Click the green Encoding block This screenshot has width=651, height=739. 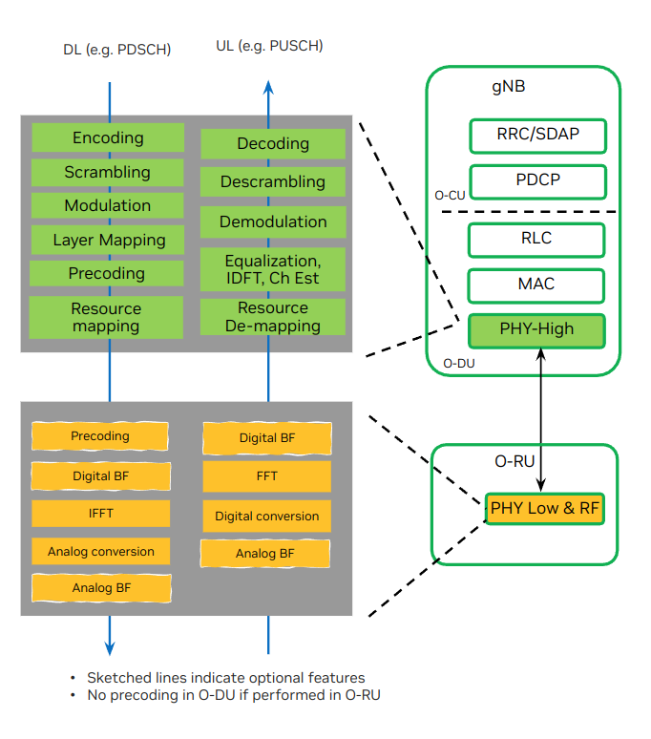pyautogui.click(x=108, y=137)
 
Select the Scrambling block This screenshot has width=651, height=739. pyautogui.click(x=108, y=172)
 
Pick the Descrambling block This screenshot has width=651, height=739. pyautogui.click(x=273, y=181)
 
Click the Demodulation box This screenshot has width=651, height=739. pyautogui.click(x=273, y=222)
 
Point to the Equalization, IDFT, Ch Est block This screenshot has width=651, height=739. pyautogui.click(x=273, y=269)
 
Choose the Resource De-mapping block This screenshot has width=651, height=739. pyautogui.click(x=273, y=317)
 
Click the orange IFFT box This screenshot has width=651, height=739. pyautogui.click(x=101, y=513)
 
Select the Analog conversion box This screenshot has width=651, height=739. pyautogui.click(x=101, y=551)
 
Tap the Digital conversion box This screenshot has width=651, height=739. pyautogui.click(x=267, y=516)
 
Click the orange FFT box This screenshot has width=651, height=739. pyautogui.click(x=267, y=476)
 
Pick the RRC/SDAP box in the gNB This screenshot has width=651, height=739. pyautogui.click(x=537, y=135)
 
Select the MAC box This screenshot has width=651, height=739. pyautogui.click(x=537, y=285)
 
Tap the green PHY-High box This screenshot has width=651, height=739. pyautogui.click(x=536, y=329)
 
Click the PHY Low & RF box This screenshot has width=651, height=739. pyautogui.click(x=545, y=508)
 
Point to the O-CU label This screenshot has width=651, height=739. pyautogui.click(x=450, y=195)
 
